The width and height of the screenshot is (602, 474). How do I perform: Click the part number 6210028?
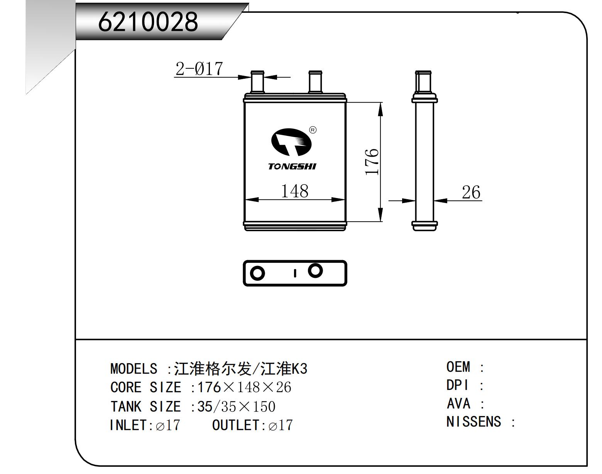tap(148, 21)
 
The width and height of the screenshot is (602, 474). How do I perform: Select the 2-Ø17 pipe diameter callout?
tap(199, 69)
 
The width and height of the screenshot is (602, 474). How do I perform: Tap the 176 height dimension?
tap(372, 161)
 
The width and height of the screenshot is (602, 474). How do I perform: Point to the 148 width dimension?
tap(294, 191)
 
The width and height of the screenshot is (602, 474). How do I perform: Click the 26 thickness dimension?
tap(471, 192)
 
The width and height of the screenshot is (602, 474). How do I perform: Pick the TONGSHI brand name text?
tap(292, 166)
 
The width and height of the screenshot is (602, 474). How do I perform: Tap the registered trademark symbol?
tap(313, 130)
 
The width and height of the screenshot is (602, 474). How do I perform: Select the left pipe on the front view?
tap(257, 82)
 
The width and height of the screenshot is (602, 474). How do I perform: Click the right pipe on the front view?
tap(315, 82)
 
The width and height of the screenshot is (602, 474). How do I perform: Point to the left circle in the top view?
tap(257, 273)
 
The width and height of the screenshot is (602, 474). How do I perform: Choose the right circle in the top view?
tap(315, 271)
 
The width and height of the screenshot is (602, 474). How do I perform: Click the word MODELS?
tap(134, 369)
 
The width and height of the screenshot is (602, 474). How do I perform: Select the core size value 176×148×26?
tap(244, 387)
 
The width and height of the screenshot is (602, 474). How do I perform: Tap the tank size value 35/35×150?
tap(236, 406)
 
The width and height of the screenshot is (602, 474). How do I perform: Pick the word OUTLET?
tap(236, 425)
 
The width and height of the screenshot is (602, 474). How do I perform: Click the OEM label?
tap(458, 367)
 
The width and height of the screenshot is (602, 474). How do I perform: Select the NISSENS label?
tap(473, 422)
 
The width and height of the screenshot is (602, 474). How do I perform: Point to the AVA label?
tap(458, 404)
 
